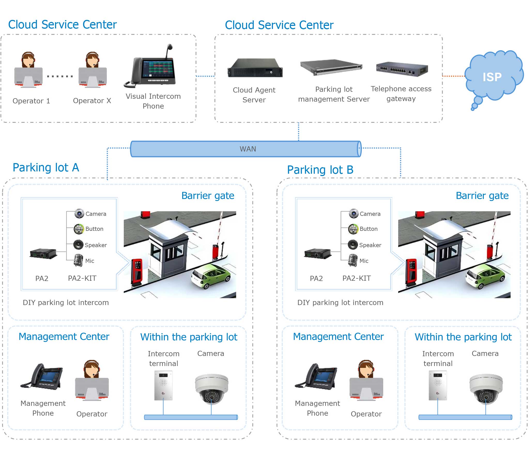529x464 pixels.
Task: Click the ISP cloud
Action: pos(493,77)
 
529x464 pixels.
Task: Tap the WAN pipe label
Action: pos(248,149)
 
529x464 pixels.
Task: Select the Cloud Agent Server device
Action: pos(255,68)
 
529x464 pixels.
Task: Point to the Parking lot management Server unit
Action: pos(331,67)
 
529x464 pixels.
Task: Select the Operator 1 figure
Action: pos(28,70)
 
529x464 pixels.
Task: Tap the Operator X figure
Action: pos(93,70)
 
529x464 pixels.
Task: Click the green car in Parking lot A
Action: pos(211,276)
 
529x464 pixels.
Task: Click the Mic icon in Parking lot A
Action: pos(78,260)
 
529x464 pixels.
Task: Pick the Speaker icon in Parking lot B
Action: pos(352,245)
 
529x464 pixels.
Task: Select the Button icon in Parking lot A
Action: pos(79,229)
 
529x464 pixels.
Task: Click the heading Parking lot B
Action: pos(320,170)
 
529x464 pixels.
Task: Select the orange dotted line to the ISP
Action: pos(454,76)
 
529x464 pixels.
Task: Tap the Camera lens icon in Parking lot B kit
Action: pos(354,214)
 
